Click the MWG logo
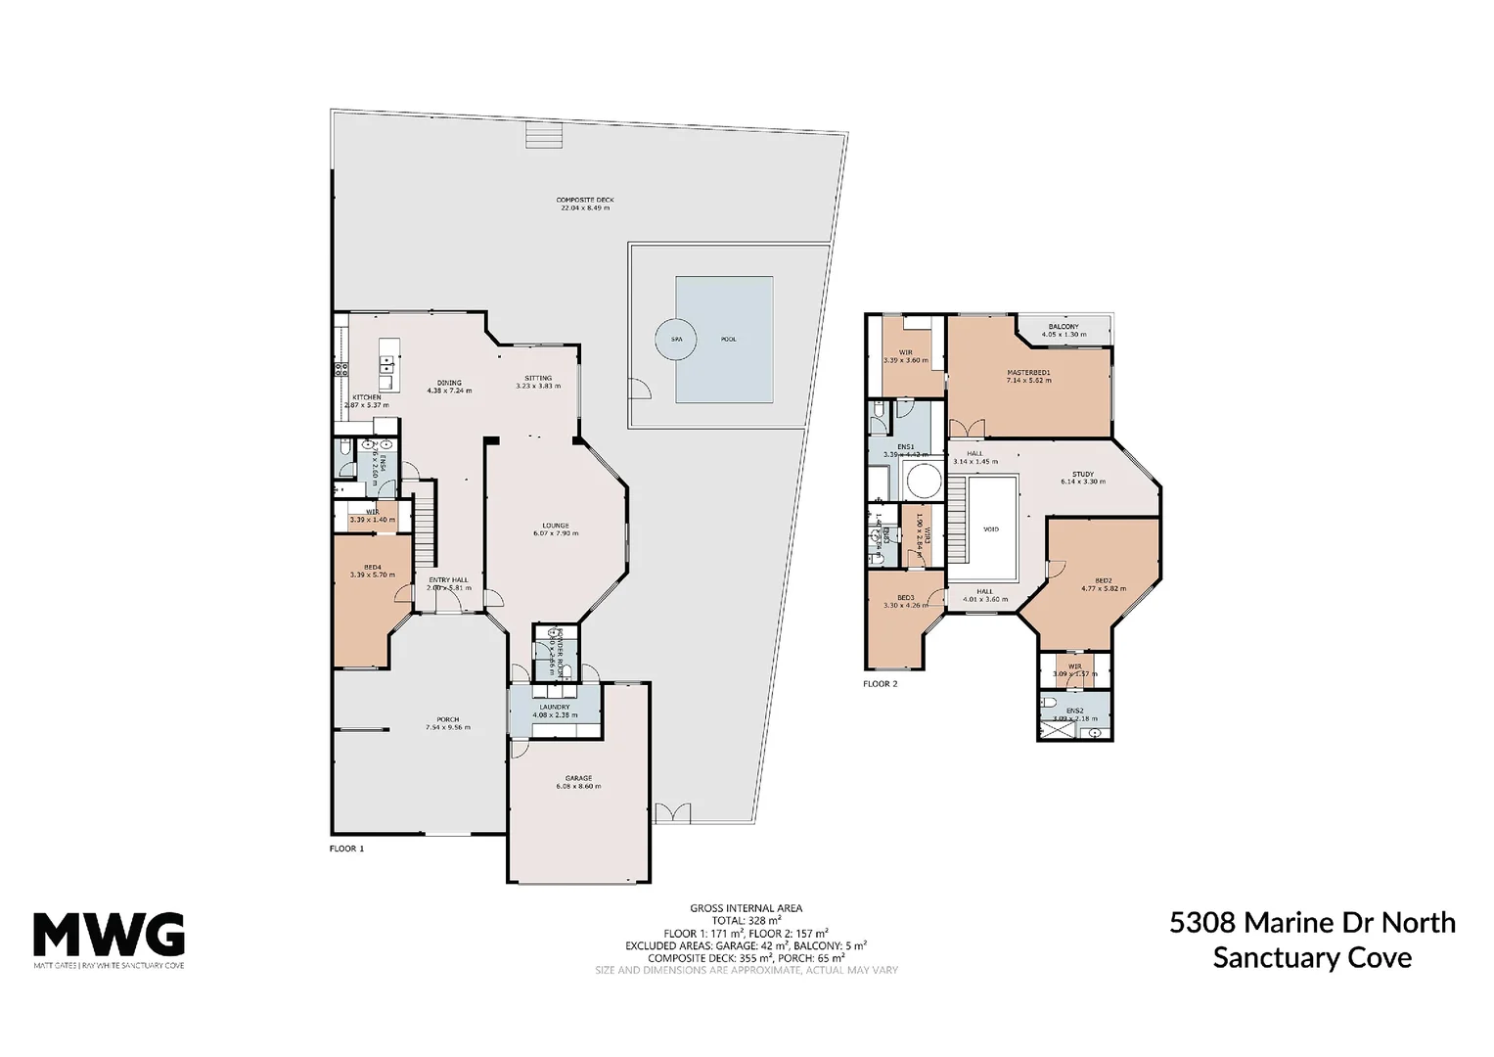click(109, 935)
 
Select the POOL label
click(728, 340)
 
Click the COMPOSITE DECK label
click(585, 200)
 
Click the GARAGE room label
click(578, 779)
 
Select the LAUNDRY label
click(554, 707)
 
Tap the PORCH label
click(447, 719)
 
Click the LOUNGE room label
click(556, 526)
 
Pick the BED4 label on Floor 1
click(373, 567)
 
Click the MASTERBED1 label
click(1028, 372)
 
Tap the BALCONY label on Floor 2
click(1064, 327)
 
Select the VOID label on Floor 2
click(991, 529)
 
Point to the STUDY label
click(1082, 474)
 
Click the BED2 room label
click(1104, 580)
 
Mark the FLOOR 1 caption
click(346, 849)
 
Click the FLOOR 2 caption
click(880, 684)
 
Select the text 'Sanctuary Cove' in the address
click(1312, 957)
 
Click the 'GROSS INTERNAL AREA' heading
click(746, 908)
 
